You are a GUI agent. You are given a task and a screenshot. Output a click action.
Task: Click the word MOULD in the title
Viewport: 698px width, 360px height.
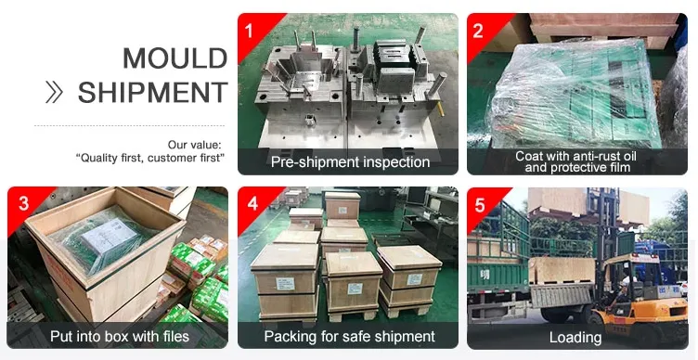[x=174, y=58]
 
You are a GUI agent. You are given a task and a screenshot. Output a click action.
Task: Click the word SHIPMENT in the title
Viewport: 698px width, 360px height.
[x=152, y=92]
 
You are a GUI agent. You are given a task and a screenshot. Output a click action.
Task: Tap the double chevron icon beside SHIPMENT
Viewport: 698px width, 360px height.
[x=55, y=93]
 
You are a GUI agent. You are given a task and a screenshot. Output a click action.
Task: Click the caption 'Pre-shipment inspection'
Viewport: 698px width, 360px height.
[x=350, y=162]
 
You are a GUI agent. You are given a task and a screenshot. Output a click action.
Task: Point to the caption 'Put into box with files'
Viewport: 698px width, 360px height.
[x=120, y=336]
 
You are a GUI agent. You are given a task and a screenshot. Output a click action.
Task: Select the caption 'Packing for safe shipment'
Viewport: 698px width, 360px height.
[x=349, y=336]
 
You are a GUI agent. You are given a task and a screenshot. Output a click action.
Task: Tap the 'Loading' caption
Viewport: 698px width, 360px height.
[x=575, y=338]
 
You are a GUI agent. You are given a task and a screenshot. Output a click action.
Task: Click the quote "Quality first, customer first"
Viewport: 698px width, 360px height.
[x=150, y=158]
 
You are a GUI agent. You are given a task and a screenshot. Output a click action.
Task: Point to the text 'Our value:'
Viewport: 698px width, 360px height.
[x=194, y=145]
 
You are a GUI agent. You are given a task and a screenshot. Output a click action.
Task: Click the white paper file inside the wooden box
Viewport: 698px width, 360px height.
[x=110, y=236]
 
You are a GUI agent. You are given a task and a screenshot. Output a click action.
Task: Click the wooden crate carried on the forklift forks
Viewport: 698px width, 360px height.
[x=562, y=271]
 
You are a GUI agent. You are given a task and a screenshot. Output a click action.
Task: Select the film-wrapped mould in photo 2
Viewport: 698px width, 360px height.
[x=575, y=96]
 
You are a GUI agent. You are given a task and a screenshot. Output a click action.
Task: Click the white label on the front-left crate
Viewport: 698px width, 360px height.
[x=285, y=284]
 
